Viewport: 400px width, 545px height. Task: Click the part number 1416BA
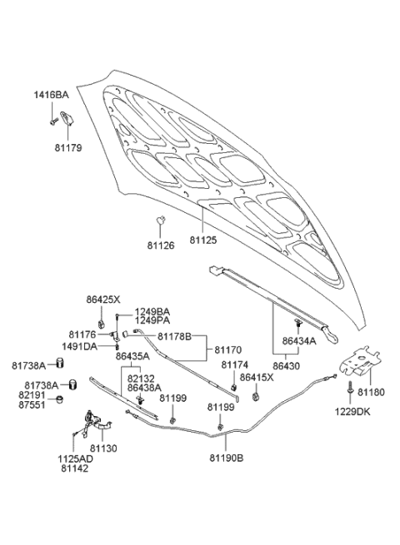(51, 96)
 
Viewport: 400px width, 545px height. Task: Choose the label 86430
(287, 364)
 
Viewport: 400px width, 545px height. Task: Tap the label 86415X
(253, 378)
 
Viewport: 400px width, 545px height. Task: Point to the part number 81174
(233, 365)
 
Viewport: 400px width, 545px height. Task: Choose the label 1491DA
(77, 346)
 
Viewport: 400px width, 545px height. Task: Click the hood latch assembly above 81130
(93, 422)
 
